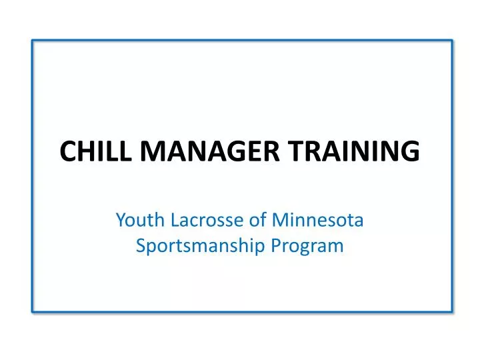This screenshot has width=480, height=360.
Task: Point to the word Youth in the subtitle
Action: click(x=135, y=219)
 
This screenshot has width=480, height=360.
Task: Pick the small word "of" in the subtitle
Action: click(x=246, y=219)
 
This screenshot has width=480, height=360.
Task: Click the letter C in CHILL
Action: click(x=67, y=151)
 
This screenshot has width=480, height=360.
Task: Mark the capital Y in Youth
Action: click(x=121, y=219)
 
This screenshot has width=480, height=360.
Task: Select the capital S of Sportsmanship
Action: click(x=141, y=246)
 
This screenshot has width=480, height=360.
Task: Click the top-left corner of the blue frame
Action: click(x=33, y=40)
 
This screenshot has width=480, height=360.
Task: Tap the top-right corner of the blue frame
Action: click(x=451, y=40)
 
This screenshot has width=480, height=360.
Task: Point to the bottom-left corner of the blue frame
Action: click(x=33, y=311)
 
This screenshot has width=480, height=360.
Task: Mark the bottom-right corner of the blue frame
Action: click(x=451, y=311)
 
